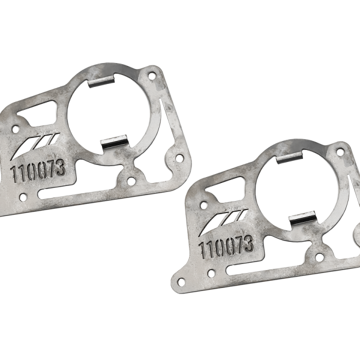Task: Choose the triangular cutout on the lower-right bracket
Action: point(226,189)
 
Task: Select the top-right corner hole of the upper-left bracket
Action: point(152,76)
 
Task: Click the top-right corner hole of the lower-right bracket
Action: point(340,152)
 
